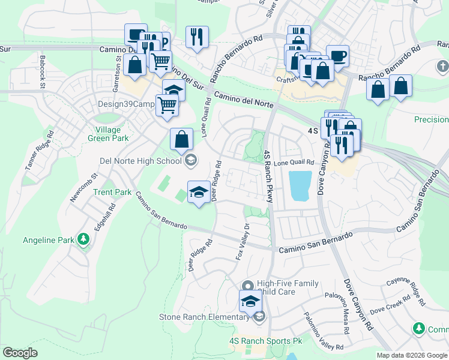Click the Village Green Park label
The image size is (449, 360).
coord(112,134)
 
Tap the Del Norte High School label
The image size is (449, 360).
coord(140,160)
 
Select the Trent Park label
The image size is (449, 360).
coord(112,193)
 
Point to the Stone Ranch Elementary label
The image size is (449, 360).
coord(204,317)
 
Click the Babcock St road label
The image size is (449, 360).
coord(43,73)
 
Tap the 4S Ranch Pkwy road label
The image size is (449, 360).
coord(268,176)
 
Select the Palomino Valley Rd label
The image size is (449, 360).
coord(323,331)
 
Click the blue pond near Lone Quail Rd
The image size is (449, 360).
coord(300,185)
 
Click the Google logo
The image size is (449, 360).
coord(20,353)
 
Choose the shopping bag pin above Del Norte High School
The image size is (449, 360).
coord(181,139)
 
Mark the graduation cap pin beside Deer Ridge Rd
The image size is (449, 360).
coord(199,192)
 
